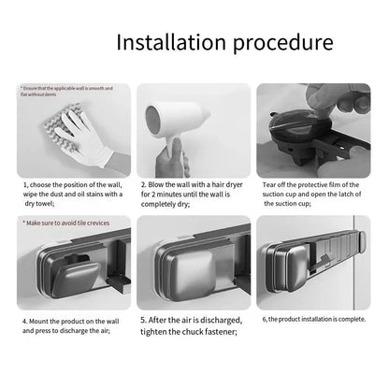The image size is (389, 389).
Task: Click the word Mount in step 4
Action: coord(40,318)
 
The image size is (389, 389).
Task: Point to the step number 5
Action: coord(143,318)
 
